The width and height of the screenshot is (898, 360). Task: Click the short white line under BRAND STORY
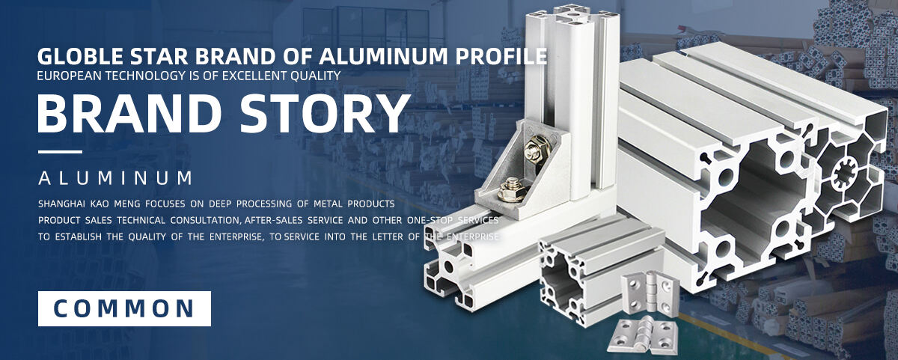[x=60, y=152]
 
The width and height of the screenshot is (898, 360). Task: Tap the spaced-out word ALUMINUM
[x=115, y=178]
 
